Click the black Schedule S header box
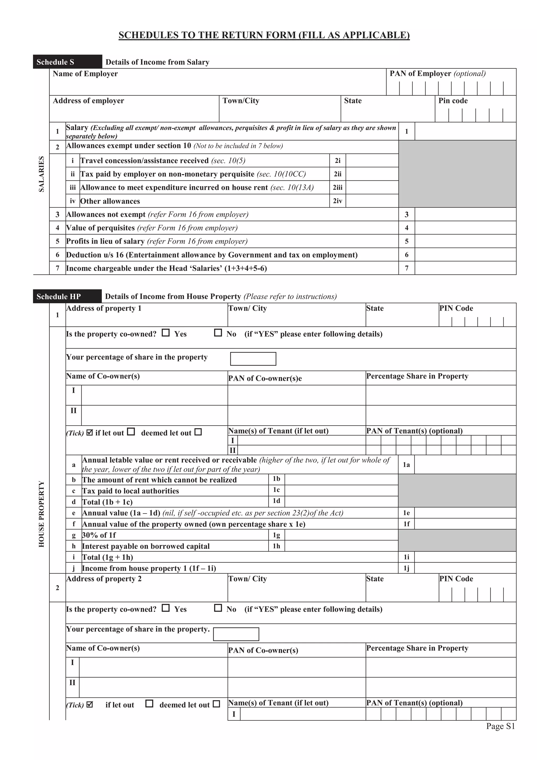pyautogui.click(x=67, y=62)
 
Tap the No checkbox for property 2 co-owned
pyautogui.click(x=218, y=608)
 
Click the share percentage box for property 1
pyautogui.click(x=253, y=359)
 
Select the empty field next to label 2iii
pyautogui.click(x=372, y=187)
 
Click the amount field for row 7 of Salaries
pyautogui.click(x=465, y=268)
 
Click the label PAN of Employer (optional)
pyautogui.click(x=437, y=73)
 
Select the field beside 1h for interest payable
pyautogui.click(x=341, y=546)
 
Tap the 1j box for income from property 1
pyautogui.click(x=465, y=568)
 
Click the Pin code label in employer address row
pyautogui.click(x=453, y=101)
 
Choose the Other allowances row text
pyautogui.click(x=110, y=201)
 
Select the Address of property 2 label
pyautogui.click(x=104, y=579)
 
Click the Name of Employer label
pyautogui.click(x=85, y=73)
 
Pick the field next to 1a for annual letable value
pyautogui.click(x=465, y=464)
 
